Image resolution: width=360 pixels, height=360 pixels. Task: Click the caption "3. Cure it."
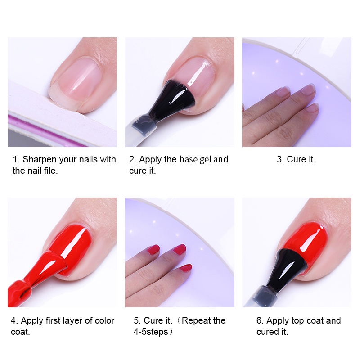coord(296,159)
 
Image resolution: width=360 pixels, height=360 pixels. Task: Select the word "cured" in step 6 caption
coord(268,332)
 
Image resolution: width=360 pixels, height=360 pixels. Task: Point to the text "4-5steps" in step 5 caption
coord(151,332)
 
